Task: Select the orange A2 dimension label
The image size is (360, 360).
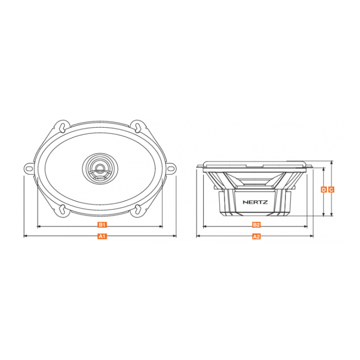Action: point(256,236)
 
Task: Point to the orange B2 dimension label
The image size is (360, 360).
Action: point(256,224)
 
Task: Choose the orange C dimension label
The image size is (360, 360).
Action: point(331,189)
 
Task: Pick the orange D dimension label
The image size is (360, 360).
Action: point(324,189)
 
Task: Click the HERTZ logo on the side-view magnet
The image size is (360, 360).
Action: point(255,202)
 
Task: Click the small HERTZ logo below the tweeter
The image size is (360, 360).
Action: point(100,179)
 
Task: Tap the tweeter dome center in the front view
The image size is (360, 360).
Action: point(100,168)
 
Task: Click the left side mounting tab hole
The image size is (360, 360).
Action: point(28,169)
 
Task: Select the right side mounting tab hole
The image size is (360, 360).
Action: point(171,169)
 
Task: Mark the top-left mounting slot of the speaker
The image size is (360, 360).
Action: point(62,127)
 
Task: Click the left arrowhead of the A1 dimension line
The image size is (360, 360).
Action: point(25,236)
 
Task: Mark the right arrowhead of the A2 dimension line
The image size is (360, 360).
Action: point(312,236)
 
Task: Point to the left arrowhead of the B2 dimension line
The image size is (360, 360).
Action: point(205,226)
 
